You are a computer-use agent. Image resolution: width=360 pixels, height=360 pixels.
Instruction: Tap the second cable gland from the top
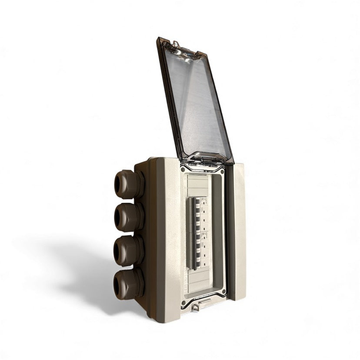tap(127, 217)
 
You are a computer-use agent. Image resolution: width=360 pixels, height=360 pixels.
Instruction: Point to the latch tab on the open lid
tap(175, 43)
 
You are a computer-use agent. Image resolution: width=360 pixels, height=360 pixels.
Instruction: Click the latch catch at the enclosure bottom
tap(196, 307)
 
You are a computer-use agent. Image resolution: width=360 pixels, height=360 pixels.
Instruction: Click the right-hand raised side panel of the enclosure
tap(236, 230)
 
